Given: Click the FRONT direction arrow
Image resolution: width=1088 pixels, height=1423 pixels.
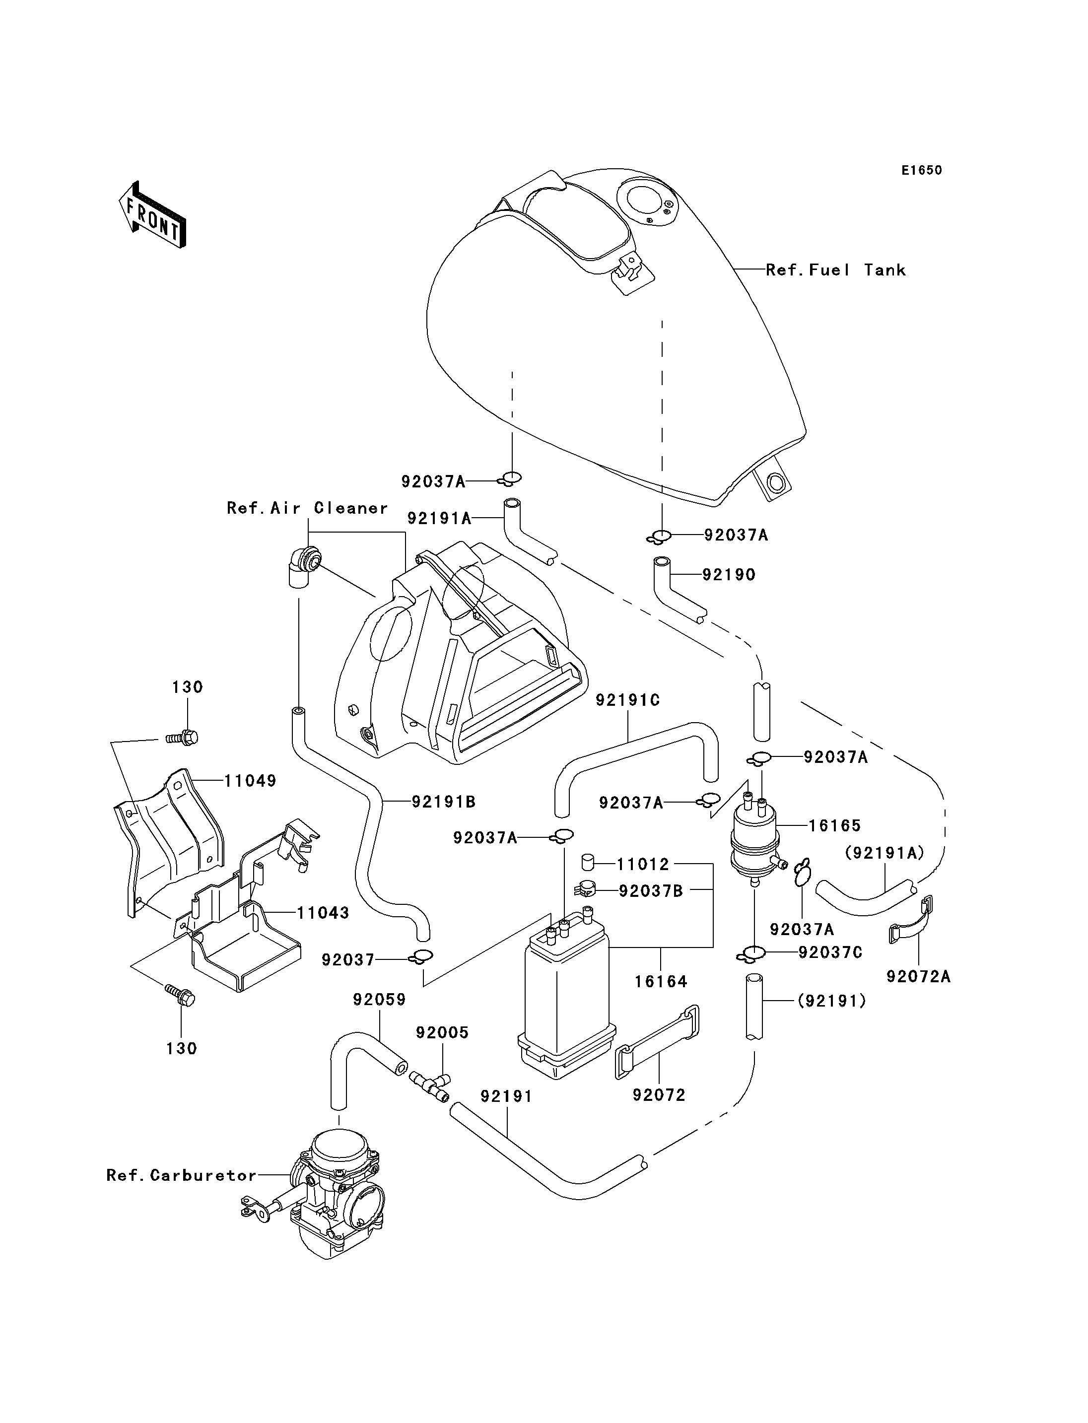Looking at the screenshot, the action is pos(152,214).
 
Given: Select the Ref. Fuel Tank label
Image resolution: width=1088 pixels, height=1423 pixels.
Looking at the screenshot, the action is pos(835,270).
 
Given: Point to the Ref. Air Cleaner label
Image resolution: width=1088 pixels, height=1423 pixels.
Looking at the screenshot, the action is pos(307,508).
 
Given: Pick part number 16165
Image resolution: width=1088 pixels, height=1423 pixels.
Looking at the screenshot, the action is pos(835,825).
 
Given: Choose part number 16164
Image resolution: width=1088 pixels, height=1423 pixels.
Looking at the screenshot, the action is pos(661,981).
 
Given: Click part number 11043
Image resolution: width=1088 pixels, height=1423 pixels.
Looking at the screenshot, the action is pos(323,913).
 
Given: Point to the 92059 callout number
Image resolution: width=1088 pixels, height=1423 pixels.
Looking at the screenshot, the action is pos(380,1000).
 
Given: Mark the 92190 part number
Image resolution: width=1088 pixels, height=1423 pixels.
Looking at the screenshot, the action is pos(729,575).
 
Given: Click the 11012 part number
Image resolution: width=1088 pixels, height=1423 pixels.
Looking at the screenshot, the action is pos(643,864).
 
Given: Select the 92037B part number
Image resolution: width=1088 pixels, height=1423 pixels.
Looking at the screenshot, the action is pos(651,891).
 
